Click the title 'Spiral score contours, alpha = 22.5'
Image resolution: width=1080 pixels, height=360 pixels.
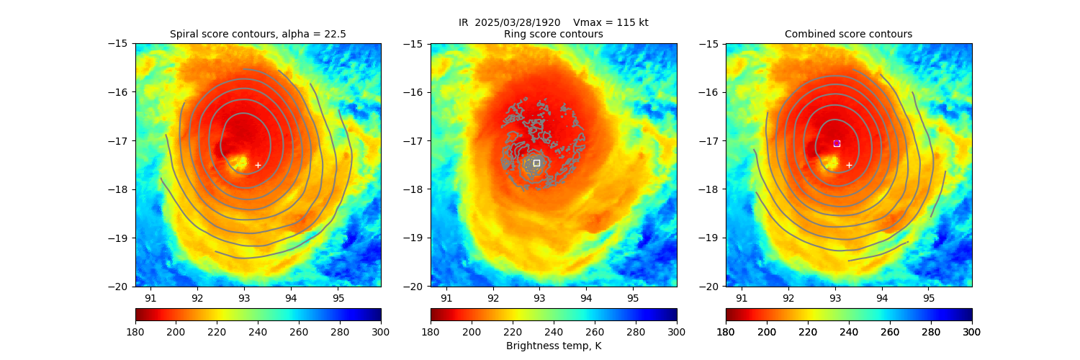258,34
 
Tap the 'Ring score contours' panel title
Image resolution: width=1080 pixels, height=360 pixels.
553,34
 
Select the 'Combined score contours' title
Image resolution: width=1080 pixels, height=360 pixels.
848,34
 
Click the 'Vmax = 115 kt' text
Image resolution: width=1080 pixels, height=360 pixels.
611,22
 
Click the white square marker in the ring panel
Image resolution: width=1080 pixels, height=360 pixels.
536,163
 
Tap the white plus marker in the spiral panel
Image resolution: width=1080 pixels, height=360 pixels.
258,165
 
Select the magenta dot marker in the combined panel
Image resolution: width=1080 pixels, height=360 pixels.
837,143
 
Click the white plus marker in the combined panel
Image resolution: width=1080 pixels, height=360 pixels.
849,165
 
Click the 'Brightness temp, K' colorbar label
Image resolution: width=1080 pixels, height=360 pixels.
553,346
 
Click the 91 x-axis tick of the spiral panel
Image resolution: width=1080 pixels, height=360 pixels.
150,298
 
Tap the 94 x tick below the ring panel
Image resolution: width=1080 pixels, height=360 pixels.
586,298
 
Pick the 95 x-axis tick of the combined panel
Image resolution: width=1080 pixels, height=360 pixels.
928,298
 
